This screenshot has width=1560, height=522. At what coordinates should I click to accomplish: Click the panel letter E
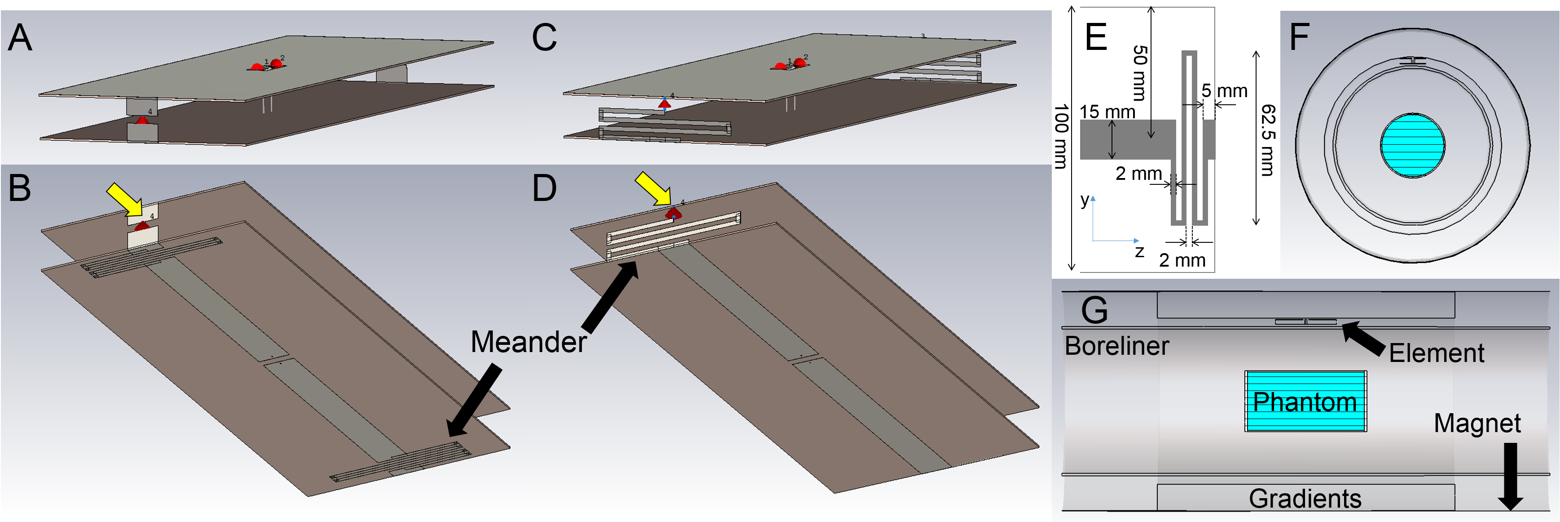pyautogui.click(x=1096, y=38)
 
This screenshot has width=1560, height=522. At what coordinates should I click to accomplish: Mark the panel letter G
pyautogui.click(x=1094, y=310)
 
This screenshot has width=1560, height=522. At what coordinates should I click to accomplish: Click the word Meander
pyautogui.click(x=528, y=342)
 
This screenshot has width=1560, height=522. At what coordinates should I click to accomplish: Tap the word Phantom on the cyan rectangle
pyautogui.click(x=1305, y=402)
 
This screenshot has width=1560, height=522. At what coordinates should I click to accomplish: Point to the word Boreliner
pyautogui.click(x=1117, y=346)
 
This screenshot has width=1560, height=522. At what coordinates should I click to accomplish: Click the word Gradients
pyautogui.click(x=1305, y=498)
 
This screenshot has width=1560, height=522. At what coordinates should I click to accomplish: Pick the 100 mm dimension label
pyautogui.click(x=1061, y=136)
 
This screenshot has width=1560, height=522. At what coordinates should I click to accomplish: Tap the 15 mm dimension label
pyautogui.click(x=1107, y=112)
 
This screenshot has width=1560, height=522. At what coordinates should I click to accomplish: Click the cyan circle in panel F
pyautogui.click(x=1412, y=146)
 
